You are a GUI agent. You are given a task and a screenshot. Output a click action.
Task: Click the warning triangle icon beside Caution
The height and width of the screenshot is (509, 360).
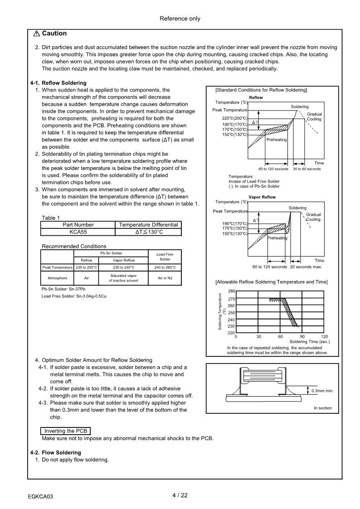coord(36,34)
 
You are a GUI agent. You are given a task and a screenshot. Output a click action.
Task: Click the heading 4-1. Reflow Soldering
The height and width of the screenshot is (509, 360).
coord(58,83)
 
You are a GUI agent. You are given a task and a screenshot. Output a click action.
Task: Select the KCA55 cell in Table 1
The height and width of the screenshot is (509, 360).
coord(78,232)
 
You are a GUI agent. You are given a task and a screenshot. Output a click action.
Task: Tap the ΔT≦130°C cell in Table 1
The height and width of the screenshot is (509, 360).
coord(149,232)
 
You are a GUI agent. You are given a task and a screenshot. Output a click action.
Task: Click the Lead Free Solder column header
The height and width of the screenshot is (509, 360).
coord(165,257)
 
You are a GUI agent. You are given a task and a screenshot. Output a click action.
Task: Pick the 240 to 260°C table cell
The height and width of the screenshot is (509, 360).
coord(165,267)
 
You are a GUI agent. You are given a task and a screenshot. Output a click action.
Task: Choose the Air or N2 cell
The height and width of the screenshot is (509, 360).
coord(165,278)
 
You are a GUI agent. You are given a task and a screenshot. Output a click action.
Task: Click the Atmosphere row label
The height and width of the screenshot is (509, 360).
coord(57,278)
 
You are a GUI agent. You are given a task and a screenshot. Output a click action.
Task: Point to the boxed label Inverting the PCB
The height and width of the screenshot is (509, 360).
coord(66,431)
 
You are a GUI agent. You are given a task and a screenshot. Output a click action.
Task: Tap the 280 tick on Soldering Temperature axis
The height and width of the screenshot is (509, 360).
coord(231,291)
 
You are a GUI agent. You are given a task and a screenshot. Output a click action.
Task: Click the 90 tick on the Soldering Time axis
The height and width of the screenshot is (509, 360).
coord(302,336)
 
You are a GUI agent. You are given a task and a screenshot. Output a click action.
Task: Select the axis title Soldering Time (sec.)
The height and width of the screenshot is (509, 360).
coord(310,341)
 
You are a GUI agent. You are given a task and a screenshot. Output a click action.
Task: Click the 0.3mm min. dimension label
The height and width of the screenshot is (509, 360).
coord(322,391)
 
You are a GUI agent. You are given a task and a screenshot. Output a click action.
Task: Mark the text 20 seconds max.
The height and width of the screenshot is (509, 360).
coord(306,267)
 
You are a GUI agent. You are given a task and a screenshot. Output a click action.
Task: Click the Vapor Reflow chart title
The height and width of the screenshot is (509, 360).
coord(262,197)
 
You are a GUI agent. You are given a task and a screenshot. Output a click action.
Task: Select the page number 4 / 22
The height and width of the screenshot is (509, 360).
coord(180,495)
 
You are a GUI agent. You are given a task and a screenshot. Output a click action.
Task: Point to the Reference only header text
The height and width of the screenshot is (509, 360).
coord(180,19)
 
